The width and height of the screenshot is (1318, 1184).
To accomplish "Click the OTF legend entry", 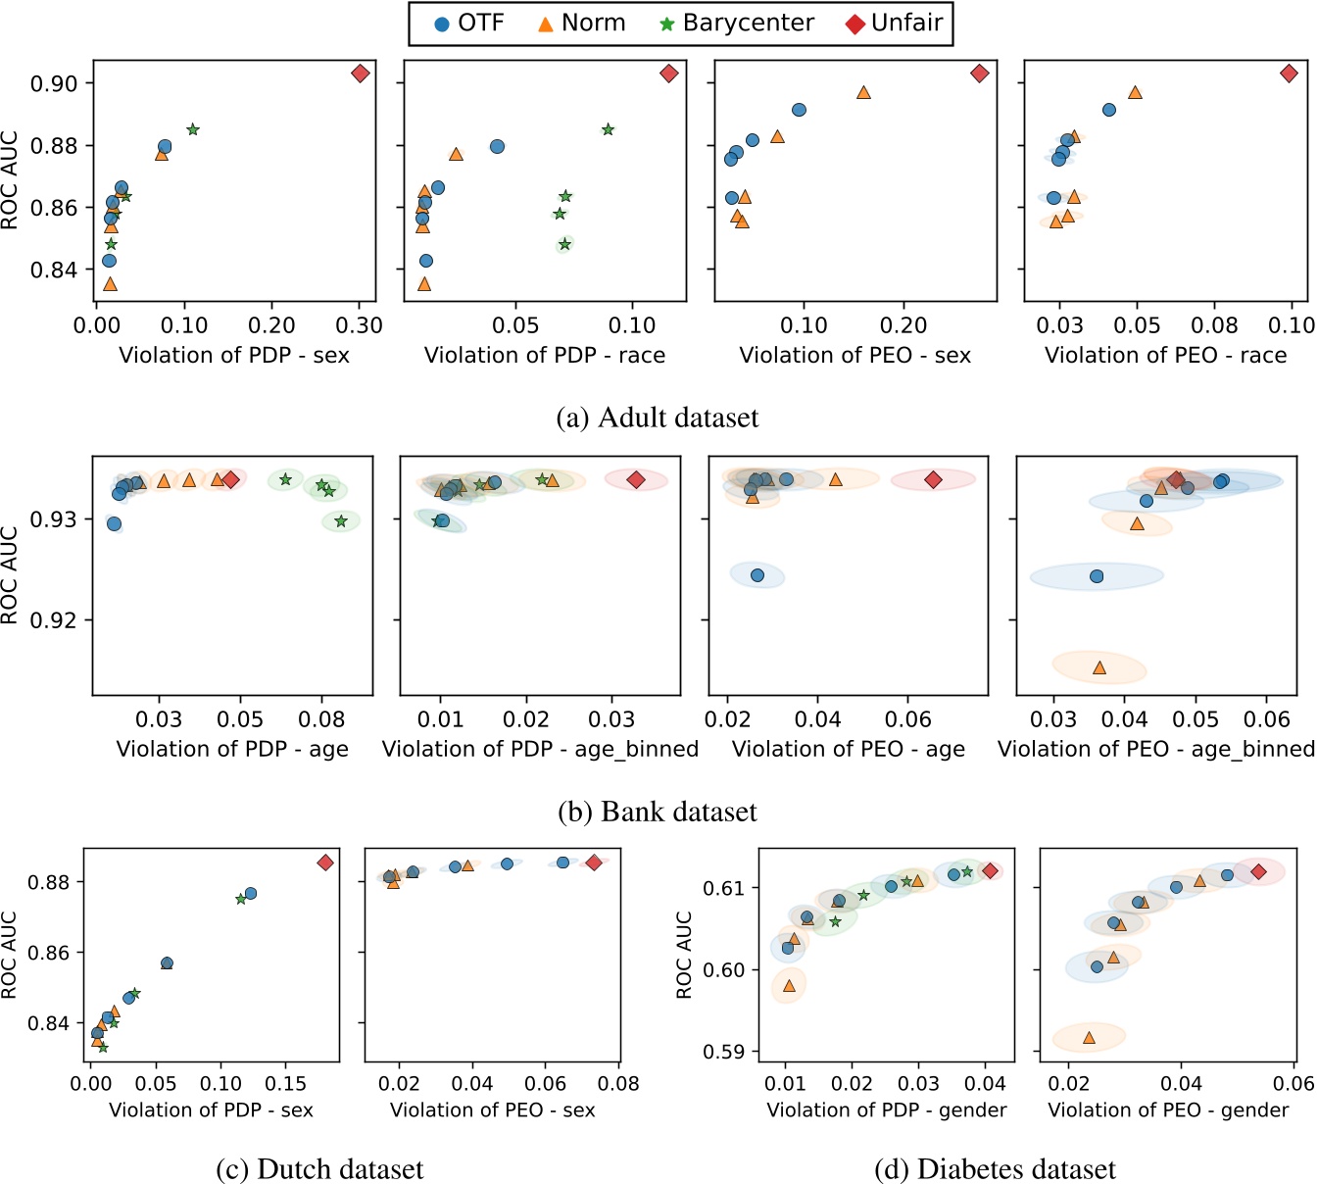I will (x=468, y=24).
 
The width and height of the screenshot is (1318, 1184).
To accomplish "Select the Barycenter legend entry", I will (x=736, y=24).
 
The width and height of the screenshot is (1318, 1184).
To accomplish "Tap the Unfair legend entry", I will (x=895, y=24).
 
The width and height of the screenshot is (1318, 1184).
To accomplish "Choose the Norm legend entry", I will (x=581, y=24).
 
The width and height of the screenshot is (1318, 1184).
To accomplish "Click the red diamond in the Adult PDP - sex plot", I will (x=360, y=74).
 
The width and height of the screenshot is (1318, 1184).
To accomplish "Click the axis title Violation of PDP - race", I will (x=544, y=356).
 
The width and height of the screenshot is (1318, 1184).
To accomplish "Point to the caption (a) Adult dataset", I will (x=658, y=419).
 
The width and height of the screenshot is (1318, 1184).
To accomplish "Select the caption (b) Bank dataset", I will (x=658, y=813).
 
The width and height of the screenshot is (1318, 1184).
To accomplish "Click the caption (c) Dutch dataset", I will (x=319, y=1169).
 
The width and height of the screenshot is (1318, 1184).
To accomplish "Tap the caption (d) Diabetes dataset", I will (x=995, y=1169).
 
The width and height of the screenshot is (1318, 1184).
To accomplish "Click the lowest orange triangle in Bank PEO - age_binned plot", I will (x=1099, y=667).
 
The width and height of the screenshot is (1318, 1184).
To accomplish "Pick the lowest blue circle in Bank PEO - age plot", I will (x=757, y=575).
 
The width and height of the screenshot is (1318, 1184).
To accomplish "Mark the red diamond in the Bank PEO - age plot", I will (x=933, y=479).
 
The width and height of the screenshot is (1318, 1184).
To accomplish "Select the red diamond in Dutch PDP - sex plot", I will (x=325, y=863).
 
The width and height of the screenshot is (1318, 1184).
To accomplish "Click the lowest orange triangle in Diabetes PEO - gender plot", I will (x=1089, y=1036).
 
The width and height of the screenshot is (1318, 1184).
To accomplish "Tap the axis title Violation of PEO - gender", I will (x=1168, y=1110).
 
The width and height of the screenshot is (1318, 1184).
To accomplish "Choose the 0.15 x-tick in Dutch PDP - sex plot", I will (x=285, y=1084).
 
